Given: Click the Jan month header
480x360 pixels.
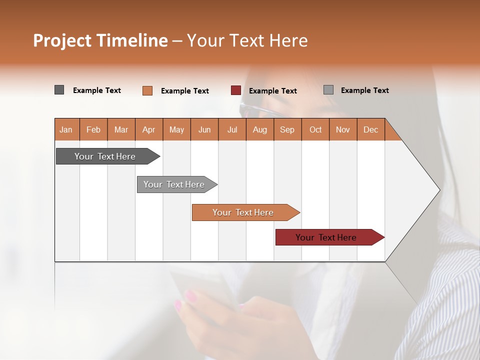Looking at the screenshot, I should (66, 129).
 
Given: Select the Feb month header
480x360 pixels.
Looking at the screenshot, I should (93, 129).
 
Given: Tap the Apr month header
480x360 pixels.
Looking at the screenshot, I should (148, 129).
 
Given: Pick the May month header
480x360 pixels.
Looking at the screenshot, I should (176, 129).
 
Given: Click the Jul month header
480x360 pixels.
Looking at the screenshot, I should (232, 129).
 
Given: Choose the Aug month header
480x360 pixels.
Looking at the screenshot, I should (259, 129).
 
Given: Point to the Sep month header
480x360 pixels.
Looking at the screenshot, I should (287, 129).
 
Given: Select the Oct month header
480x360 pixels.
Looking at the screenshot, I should (315, 129).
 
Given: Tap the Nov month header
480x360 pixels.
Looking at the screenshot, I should (343, 129).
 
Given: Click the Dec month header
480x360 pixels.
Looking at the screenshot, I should (370, 129).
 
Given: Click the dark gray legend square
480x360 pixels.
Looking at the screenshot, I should (59, 90).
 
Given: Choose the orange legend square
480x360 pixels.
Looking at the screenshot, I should (147, 90).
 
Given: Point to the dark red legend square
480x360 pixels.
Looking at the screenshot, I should (235, 90).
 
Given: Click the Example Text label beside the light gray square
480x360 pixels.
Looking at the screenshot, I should (364, 90).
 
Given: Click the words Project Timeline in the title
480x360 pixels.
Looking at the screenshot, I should (100, 40).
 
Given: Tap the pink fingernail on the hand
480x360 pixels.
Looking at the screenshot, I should (177, 305).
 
